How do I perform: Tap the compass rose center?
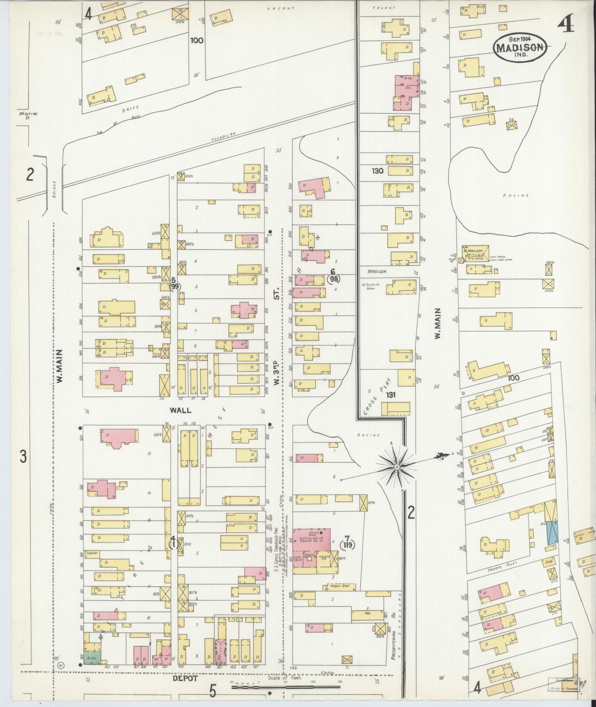click(396, 467)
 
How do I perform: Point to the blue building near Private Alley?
click(552, 533)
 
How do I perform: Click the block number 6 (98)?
click(334, 276)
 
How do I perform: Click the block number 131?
click(391, 395)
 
